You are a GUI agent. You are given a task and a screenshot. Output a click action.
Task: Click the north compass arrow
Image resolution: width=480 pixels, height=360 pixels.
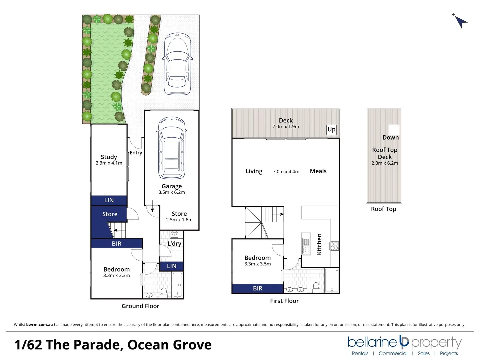tap(461, 22)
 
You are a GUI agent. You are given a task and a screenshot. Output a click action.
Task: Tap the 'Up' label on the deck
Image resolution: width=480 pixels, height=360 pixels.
tap(331, 130)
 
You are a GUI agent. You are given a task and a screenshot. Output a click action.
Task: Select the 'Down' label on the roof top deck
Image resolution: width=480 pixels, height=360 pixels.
tap(390, 137)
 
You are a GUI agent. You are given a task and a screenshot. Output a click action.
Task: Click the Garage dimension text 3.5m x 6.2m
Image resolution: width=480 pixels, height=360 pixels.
tap(172, 192)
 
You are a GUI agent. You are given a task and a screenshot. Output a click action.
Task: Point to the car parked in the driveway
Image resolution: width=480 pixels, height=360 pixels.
tap(177, 64)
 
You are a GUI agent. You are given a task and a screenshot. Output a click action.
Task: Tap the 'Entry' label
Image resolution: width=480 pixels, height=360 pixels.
tap(136, 153)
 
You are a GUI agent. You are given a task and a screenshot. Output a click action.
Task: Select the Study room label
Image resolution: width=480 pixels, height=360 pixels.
tap(109, 157)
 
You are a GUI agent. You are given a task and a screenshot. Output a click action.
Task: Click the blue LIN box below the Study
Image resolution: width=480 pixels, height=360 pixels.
tap(109, 200)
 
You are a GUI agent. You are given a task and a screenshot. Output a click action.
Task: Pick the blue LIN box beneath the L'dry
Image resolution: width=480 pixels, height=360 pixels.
tap(172, 266)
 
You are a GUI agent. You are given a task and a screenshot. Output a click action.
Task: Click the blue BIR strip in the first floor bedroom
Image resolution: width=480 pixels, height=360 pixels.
tap(258, 288)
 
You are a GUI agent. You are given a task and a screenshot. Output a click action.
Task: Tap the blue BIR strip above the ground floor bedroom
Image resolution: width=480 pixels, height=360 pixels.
tap(117, 244)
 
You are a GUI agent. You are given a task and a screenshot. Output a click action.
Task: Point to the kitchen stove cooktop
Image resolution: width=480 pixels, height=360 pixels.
tap(334, 246)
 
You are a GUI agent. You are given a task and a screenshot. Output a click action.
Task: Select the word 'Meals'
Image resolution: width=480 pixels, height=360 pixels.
tap(318, 171)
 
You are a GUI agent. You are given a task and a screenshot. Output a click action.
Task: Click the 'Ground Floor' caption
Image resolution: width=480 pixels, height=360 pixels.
tap(140, 306)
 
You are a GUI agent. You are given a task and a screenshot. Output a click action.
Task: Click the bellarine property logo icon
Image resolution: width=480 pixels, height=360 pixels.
tap(404, 341)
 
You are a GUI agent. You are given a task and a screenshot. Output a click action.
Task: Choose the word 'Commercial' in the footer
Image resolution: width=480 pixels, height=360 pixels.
tap(393, 353)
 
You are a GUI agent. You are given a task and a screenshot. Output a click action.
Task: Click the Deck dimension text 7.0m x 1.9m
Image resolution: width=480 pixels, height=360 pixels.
tap(286, 127)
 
